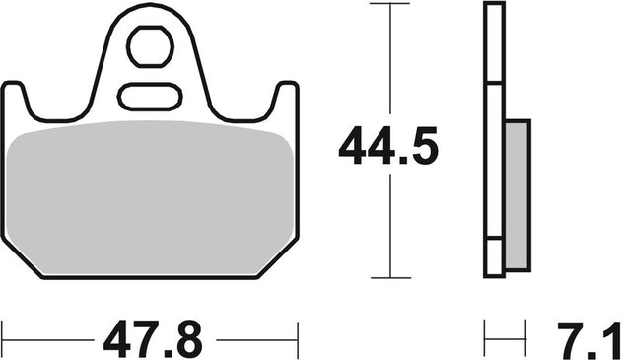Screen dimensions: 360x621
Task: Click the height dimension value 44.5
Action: (388, 147)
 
